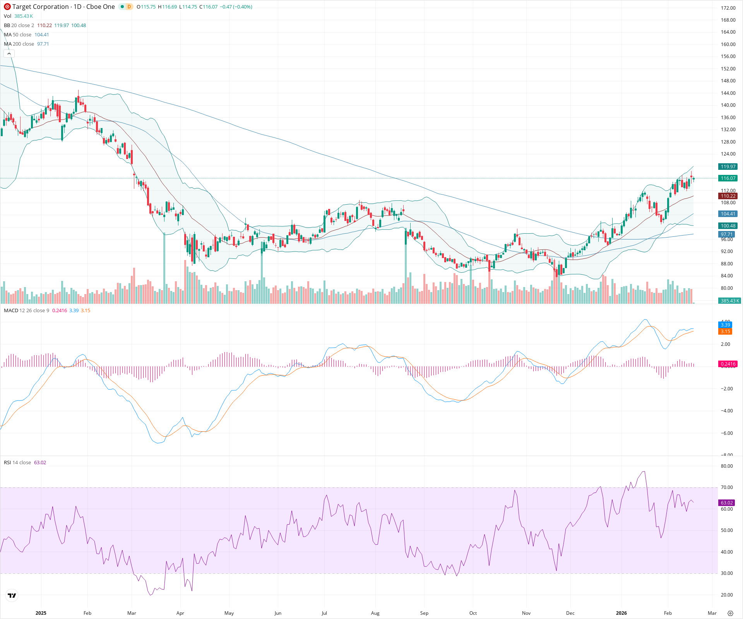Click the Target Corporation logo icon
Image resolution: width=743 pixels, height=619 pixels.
tap(7, 7)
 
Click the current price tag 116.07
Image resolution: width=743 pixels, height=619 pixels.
tap(728, 178)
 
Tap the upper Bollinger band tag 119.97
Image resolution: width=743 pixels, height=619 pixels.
tap(728, 167)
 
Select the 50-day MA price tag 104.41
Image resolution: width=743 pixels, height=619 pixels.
tap(728, 214)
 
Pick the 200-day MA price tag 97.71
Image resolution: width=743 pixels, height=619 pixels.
tap(727, 234)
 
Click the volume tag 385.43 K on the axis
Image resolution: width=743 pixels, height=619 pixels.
tap(729, 301)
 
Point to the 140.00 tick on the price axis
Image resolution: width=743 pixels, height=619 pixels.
tap(728, 105)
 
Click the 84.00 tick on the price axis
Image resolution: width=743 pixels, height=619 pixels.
tap(727, 276)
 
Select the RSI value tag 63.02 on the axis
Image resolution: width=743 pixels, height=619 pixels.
tap(727, 503)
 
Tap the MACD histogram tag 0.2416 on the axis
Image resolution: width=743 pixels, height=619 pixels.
tap(728, 364)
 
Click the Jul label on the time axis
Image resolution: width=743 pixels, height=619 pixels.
tap(324, 613)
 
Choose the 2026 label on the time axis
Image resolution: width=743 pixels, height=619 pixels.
tap(621, 613)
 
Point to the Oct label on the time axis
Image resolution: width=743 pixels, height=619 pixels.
tap(473, 613)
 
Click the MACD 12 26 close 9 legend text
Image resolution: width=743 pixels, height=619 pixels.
tap(27, 311)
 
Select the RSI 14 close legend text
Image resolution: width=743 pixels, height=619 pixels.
tap(17, 463)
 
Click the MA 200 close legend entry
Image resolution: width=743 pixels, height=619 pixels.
tap(19, 44)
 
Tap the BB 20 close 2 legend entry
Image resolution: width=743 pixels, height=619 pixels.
tap(19, 26)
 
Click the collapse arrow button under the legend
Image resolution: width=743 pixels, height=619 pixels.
tap(9, 54)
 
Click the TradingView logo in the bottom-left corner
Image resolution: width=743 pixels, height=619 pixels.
tap(12, 595)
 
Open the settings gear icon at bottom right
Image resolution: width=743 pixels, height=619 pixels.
tap(730, 613)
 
